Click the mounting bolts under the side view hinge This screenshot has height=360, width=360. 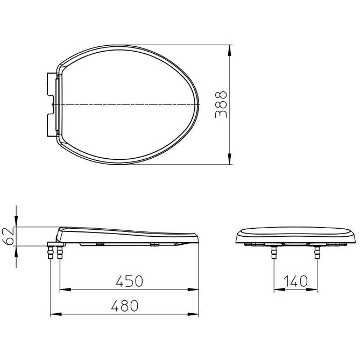click(x=55, y=252)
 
